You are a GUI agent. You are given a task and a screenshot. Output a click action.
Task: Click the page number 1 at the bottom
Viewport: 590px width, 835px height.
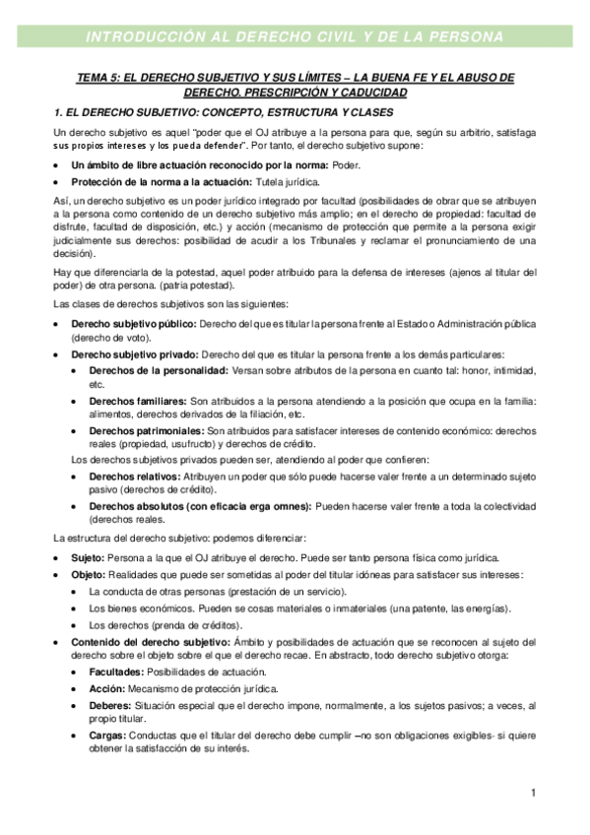click(532, 792)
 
